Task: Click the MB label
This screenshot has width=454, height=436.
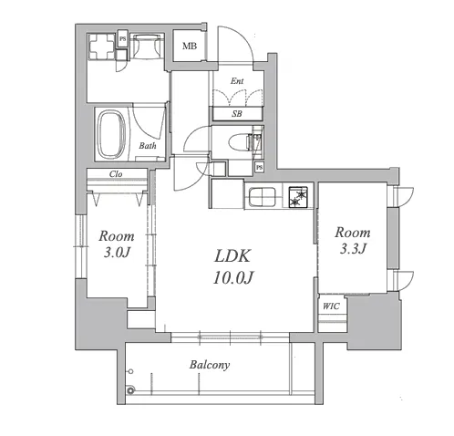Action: pos(190,47)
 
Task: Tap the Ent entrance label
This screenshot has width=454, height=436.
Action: pos(237,81)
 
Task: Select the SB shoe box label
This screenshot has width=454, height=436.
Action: pos(237,114)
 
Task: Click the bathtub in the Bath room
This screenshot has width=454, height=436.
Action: pos(111,134)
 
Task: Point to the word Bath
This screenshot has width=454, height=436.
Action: pos(148,146)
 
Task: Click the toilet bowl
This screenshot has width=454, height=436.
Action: pos(239,142)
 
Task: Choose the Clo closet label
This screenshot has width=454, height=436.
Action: pos(116,174)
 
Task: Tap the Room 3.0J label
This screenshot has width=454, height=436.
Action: pos(117,244)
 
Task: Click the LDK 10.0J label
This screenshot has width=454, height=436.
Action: pos(232,266)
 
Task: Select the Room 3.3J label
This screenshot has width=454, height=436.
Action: pos(353,240)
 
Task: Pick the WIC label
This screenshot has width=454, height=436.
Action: pos(331,306)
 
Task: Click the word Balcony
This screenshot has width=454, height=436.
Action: pos(210,365)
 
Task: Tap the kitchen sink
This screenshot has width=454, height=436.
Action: pos(263,196)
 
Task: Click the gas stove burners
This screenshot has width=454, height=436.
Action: pos(298,197)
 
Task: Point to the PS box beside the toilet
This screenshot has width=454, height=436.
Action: pos(259,168)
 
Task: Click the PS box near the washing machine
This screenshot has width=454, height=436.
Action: pos(123,38)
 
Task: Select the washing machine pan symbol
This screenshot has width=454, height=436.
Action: pos(102,47)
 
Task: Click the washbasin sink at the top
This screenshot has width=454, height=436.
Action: pos(148,46)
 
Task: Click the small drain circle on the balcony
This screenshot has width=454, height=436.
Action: pos(131,371)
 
